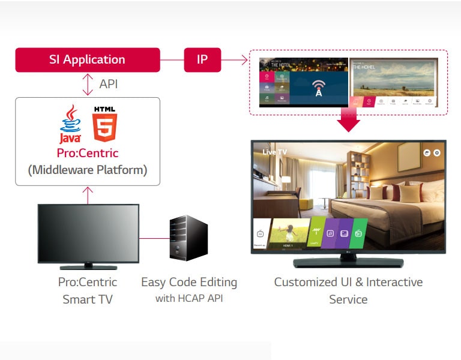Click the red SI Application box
pos(88,60)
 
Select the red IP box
pos(202,60)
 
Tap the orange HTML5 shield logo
pos(105,124)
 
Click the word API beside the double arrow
pos(108,84)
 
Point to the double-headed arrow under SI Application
pos(88,84)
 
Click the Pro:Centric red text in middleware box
pos(88,153)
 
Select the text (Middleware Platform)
pos(88,170)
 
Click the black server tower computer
pos(188,239)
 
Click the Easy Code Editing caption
pos(189,282)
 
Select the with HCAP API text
pos(189,298)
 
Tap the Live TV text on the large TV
pos(275,152)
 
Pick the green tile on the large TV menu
pos(359,233)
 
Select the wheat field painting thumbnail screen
pos(394,82)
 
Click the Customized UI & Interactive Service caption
pos(348,290)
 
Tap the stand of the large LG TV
pos(348,262)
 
